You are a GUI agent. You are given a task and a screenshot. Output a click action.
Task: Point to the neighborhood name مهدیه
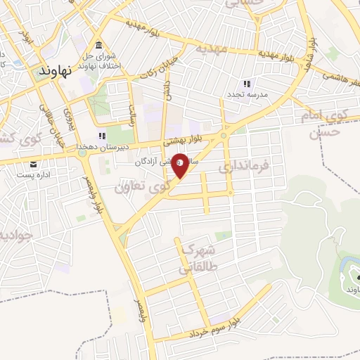211,49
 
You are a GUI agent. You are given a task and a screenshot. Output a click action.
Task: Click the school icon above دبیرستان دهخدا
102,136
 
